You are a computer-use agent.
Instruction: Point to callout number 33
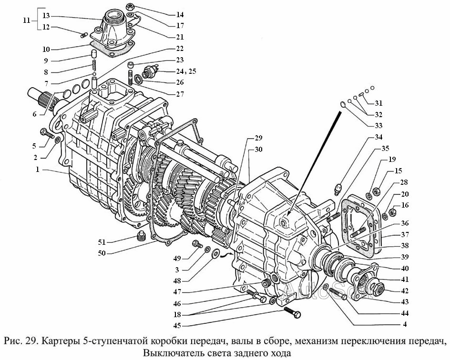(378, 126)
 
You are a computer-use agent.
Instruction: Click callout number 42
(391, 290)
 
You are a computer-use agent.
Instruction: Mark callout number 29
(258, 139)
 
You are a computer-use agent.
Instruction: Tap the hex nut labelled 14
(130, 7)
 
